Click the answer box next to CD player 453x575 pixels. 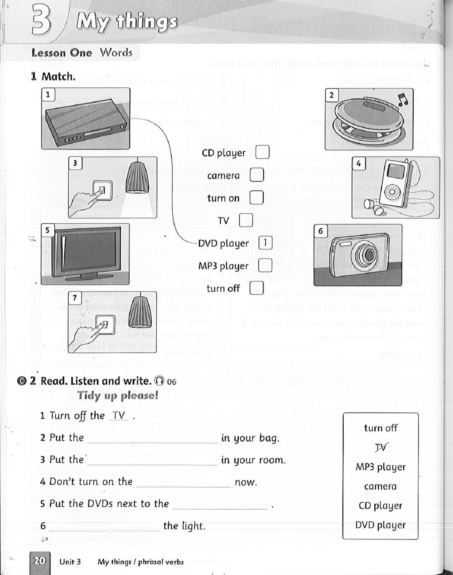262,152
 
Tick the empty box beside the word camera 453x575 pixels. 257,175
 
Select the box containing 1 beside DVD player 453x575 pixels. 265,243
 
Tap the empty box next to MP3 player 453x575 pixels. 265,265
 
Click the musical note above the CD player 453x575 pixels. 403,100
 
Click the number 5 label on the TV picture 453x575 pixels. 47,230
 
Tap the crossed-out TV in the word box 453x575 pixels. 380,448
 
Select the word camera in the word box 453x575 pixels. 380,486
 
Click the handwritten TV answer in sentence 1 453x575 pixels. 119,415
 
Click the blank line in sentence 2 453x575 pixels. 152,442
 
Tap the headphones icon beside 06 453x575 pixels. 159,381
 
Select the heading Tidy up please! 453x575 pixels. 118,395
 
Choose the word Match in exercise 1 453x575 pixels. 58,77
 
